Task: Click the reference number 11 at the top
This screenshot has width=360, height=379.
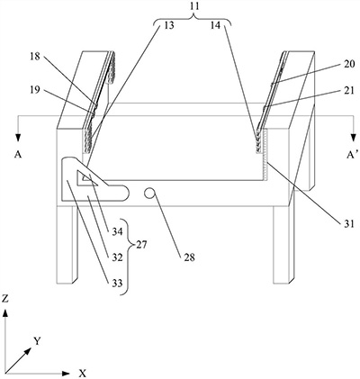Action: coord(194,7)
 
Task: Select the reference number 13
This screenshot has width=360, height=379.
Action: coord(169,25)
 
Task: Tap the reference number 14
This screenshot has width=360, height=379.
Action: coord(215,25)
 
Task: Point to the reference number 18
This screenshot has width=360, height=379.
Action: coord(35,56)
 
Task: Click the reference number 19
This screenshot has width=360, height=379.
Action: coord(35,90)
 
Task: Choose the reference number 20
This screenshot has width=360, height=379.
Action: coord(349,64)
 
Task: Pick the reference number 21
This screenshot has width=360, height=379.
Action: coord(349,90)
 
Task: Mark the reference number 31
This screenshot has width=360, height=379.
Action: coord(349,224)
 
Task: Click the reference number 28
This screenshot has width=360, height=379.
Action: coord(190,257)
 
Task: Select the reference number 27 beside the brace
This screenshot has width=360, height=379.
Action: coord(142,245)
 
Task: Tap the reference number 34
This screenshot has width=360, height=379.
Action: coord(117,231)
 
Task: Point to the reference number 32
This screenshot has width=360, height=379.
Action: coord(117,257)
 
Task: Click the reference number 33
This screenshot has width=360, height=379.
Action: coord(117,283)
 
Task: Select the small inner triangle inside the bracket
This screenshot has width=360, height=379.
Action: coord(85,178)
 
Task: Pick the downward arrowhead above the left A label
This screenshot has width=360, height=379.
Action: coord(19,137)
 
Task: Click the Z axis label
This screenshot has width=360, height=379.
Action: coord(5,298)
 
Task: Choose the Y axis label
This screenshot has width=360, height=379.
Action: coord(37,341)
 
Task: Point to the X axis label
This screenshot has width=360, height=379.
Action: coord(83,374)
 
